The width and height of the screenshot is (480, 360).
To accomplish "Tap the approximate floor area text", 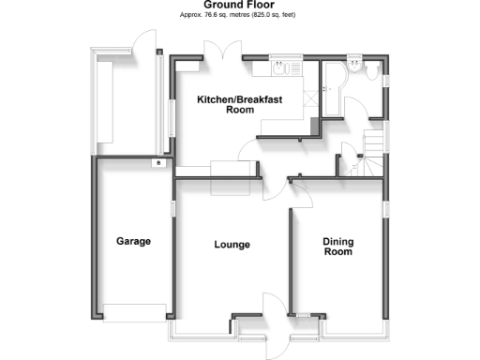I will coord(240,15).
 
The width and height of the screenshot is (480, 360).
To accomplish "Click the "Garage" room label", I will coord(133,241).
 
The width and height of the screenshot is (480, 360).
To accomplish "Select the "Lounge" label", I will coord(232,246).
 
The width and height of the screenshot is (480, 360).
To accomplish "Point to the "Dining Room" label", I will coord(338,247).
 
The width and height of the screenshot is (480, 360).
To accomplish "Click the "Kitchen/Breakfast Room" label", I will coord(240,104).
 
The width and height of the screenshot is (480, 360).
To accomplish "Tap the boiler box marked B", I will coord(158,164).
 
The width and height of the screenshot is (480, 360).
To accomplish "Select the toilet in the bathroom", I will coord(370,71).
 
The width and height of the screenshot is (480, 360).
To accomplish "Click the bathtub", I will coord(332,89).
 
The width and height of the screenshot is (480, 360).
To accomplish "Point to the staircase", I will coord(367,150).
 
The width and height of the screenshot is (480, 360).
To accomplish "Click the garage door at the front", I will coord(137,312).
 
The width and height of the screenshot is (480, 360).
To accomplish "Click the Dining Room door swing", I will coord(302,194).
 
